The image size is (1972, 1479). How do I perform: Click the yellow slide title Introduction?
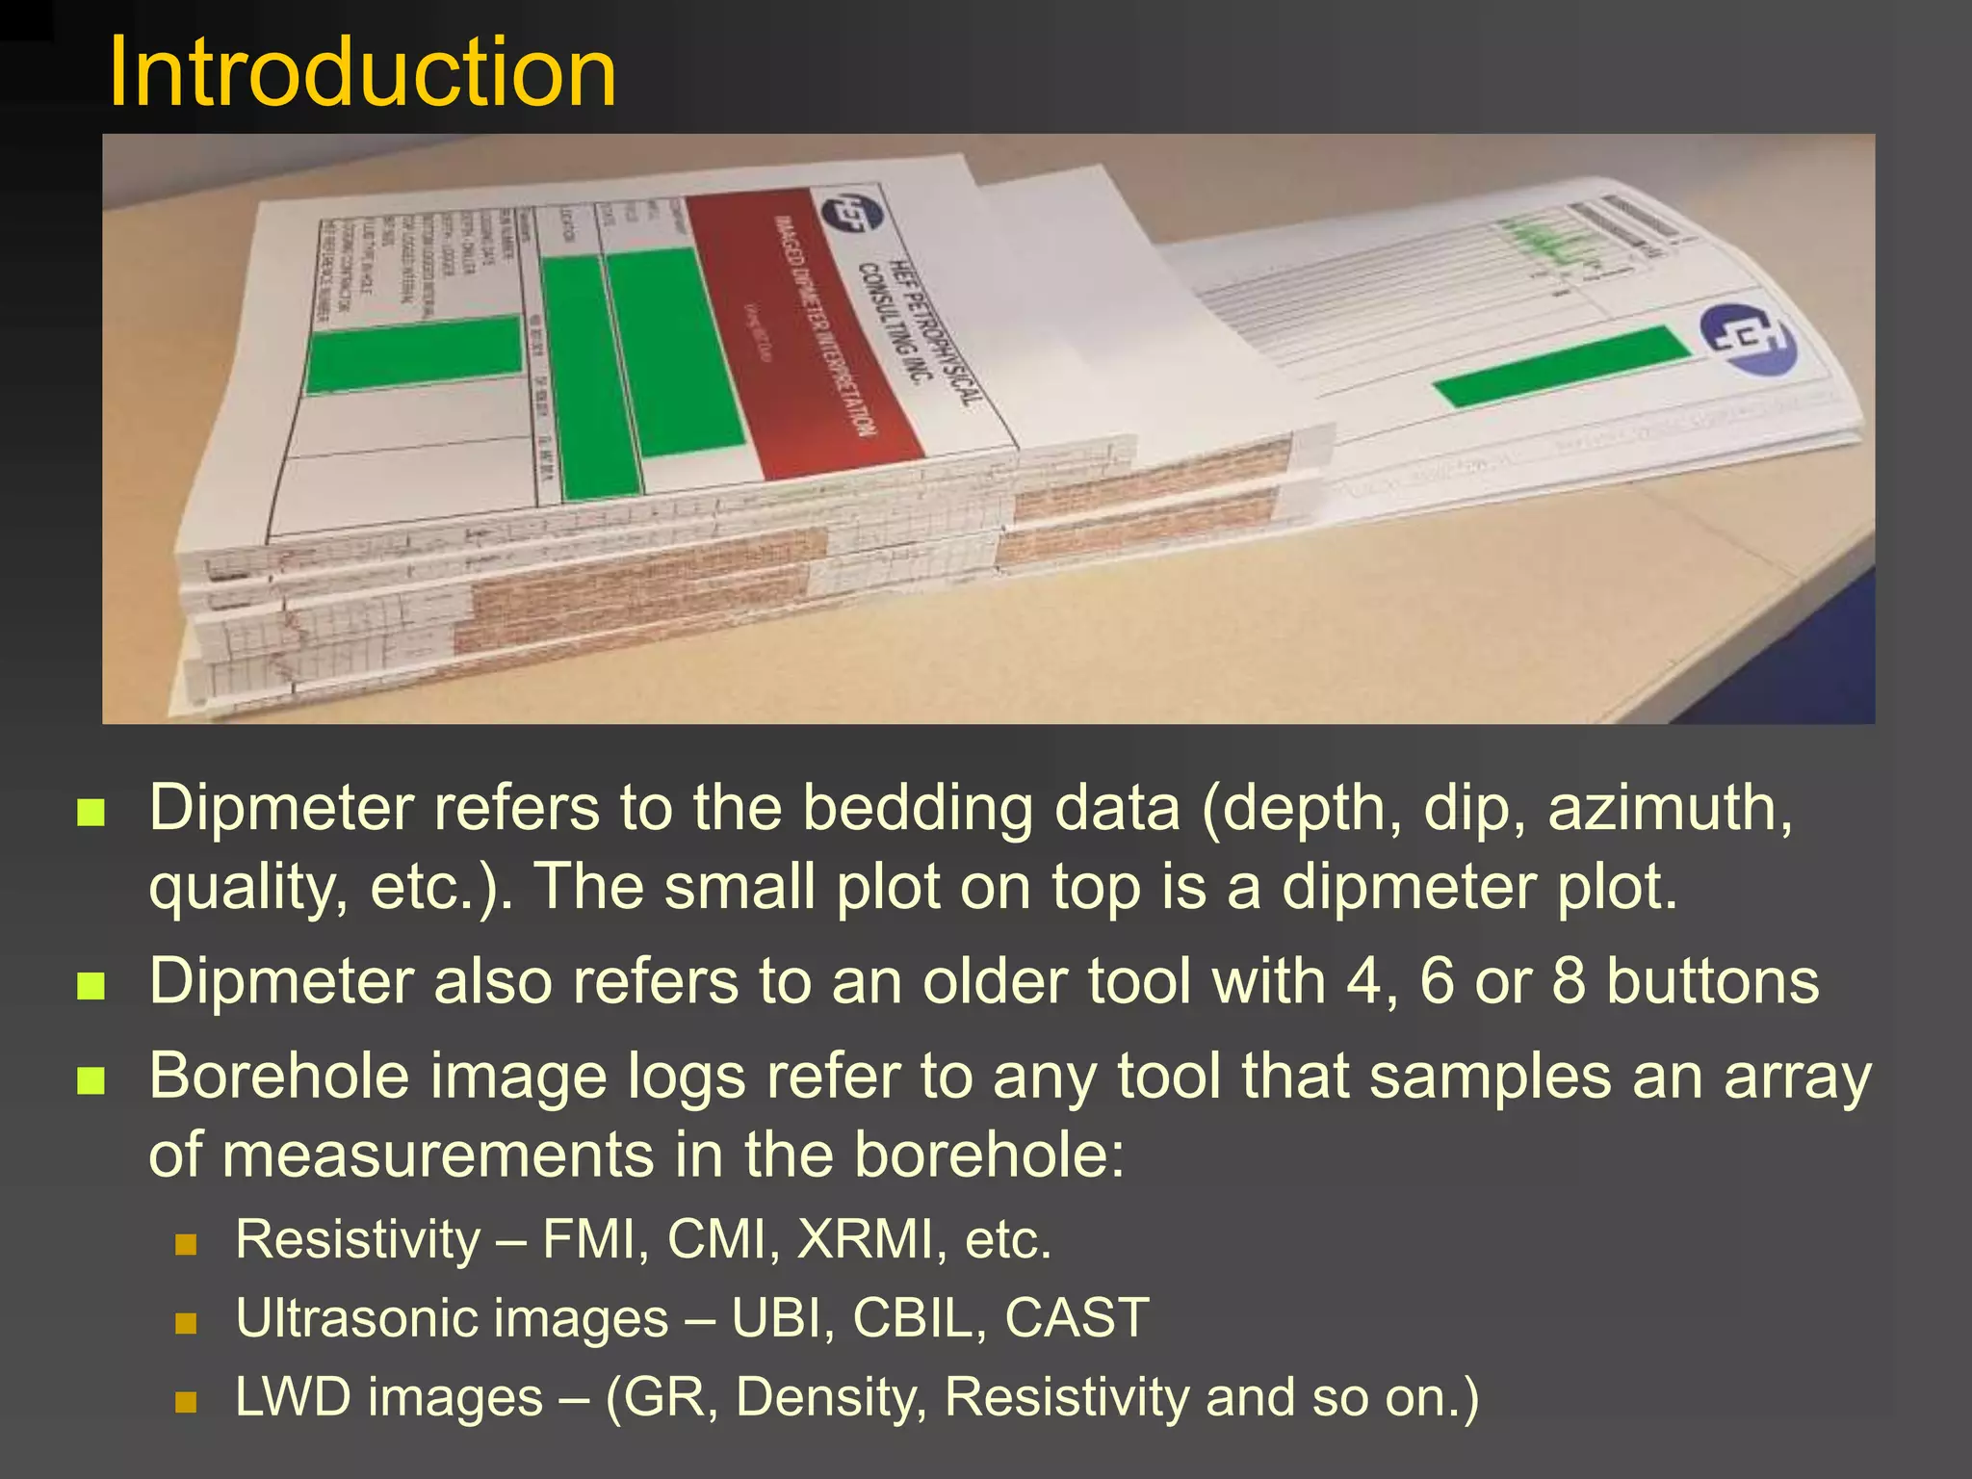click(x=362, y=73)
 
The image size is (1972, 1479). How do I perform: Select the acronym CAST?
click(x=1077, y=1317)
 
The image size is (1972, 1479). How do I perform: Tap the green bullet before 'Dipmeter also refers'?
click(x=91, y=985)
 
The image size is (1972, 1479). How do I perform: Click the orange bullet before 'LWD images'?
click(x=186, y=1401)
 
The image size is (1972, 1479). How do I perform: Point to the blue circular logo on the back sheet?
click(x=1748, y=339)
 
